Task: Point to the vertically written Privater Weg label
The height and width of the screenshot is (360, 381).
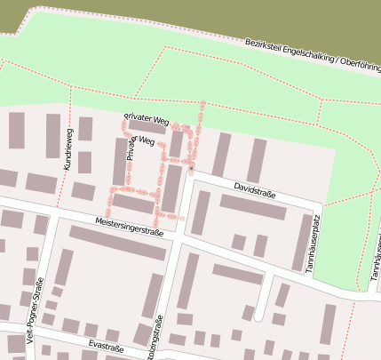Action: pyautogui.click(x=131, y=145)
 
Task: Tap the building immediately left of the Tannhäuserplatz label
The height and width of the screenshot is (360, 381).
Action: pyautogui.click(x=299, y=242)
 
